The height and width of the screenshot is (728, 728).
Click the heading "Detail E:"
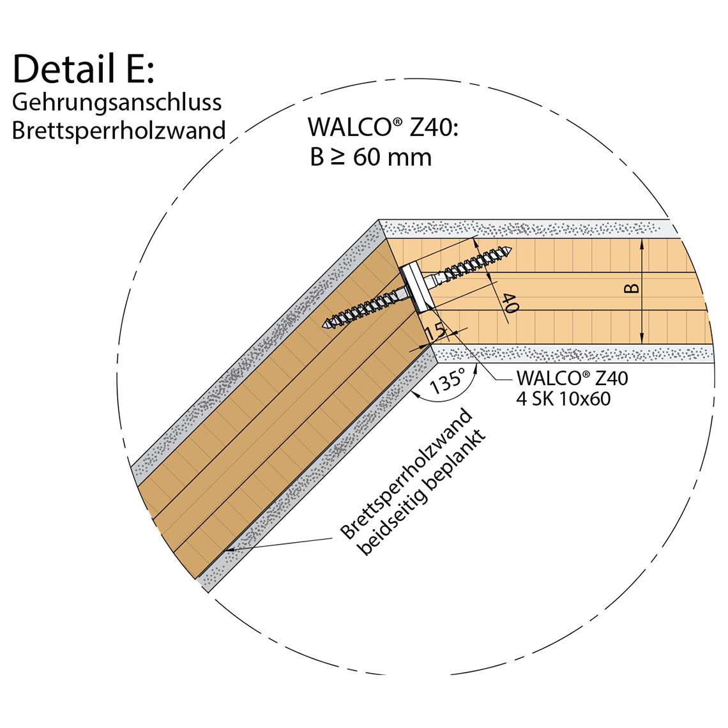[x=83, y=68]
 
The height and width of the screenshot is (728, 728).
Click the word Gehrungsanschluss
[x=117, y=102]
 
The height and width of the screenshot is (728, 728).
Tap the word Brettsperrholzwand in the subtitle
[x=119, y=130]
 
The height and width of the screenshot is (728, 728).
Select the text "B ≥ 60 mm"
[x=370, y=157]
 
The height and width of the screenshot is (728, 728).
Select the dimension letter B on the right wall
[x=631, y=289]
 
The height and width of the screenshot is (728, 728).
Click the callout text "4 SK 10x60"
[x=563, y=399]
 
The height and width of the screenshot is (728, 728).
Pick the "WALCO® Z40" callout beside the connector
[x=572, y=378]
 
